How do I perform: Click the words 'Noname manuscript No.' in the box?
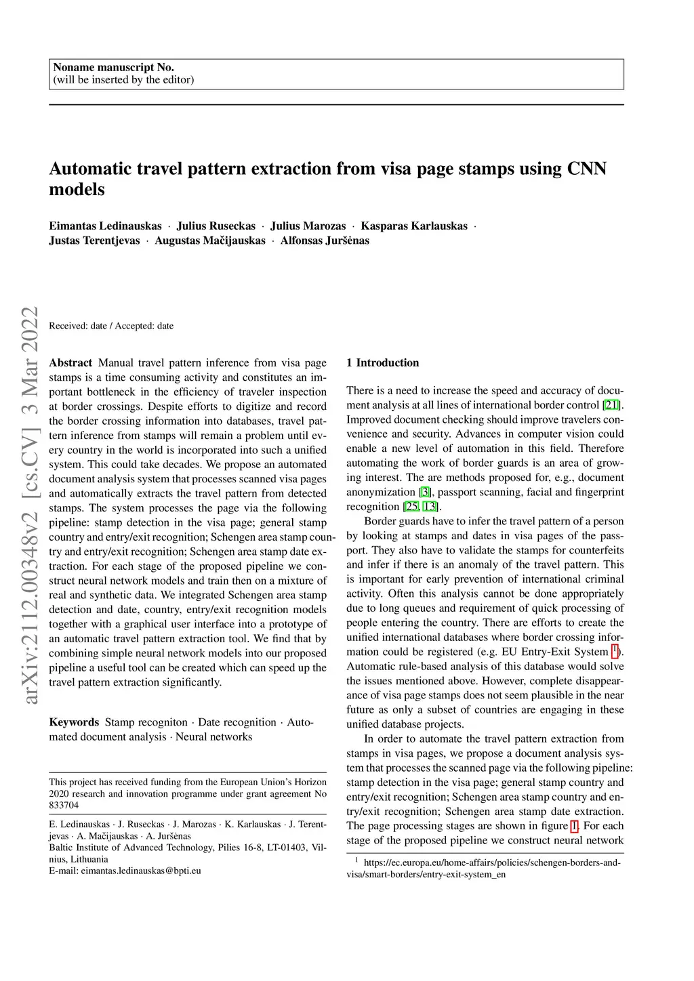(113, 67)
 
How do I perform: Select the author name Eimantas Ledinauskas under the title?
(105, 226)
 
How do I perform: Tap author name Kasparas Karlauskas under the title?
(413, 226)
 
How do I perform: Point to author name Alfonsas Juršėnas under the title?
(325, 241)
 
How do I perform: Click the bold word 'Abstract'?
(70, 363)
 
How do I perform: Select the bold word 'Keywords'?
(74, 722)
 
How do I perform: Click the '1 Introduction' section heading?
(382, 363)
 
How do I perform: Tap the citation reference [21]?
(611, 405)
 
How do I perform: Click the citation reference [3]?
(425, 493)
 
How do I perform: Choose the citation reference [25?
(411, 507)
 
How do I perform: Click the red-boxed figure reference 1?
(574, 826)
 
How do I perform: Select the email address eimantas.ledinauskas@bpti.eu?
(141, 871)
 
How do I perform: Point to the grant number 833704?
(64, 806)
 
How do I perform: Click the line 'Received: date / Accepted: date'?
(111, 326)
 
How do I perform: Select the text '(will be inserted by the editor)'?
(123, 80)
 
